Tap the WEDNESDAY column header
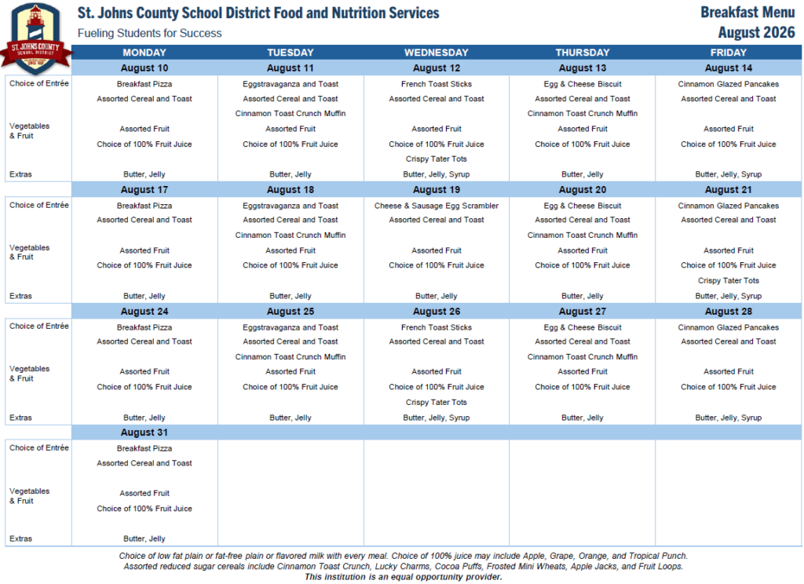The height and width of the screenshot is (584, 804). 437,53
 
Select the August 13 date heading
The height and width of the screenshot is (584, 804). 583,68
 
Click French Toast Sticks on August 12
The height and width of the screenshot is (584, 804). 437,84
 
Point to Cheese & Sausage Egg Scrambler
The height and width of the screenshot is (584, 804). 437,206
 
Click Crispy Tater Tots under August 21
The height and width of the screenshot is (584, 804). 729,280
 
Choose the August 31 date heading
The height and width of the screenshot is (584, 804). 144,433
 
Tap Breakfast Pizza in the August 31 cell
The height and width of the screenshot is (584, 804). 144,448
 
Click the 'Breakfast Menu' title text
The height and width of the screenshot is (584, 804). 747,13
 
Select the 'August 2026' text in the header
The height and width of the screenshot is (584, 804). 756,32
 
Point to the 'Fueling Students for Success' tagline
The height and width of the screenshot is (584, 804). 150,33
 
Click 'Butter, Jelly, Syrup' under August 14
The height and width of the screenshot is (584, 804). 729,174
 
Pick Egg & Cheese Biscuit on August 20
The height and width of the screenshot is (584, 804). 583,206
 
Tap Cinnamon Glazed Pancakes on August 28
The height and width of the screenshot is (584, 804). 729,327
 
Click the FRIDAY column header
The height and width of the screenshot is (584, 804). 729,53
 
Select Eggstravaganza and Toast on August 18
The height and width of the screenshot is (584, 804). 291,206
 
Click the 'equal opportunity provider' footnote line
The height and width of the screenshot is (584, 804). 404,577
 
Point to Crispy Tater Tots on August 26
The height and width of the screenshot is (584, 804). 437,402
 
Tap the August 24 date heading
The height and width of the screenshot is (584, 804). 144,311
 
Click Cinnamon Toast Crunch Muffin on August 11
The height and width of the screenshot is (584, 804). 291,113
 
